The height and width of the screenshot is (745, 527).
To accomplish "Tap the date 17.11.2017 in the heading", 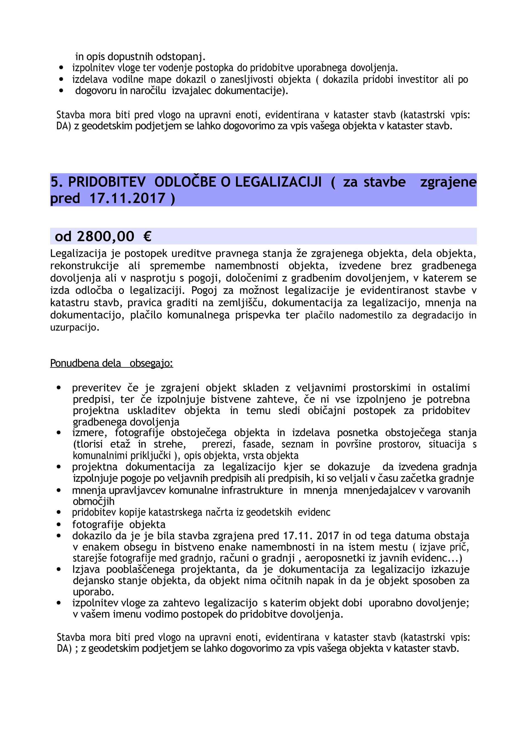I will tap(127, 198).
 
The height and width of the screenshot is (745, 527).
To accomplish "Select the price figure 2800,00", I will tap(105, 236).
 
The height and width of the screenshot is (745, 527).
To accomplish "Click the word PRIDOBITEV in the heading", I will tap(107, 182).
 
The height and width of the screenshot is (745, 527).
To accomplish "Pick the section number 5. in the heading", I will tap(57, 182).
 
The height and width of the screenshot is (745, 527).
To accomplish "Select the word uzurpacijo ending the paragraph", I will tap(74, 328).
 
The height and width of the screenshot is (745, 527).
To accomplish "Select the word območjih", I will tap(94, 501).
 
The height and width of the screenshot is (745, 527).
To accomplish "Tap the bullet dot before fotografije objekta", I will tap(59, 524).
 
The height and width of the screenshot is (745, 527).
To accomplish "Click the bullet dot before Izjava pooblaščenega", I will tap(59, 569).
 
